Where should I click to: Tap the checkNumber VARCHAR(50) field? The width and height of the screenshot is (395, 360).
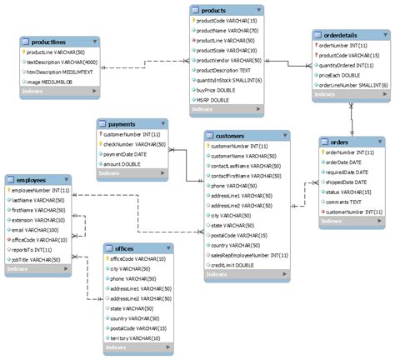point(137,143)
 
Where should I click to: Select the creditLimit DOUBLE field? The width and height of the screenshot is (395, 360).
point(233,264)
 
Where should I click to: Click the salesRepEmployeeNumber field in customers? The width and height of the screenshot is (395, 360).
point(247,254)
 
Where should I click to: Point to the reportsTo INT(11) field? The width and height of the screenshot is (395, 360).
point(32,249)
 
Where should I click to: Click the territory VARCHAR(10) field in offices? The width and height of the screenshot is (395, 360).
point(138,337)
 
